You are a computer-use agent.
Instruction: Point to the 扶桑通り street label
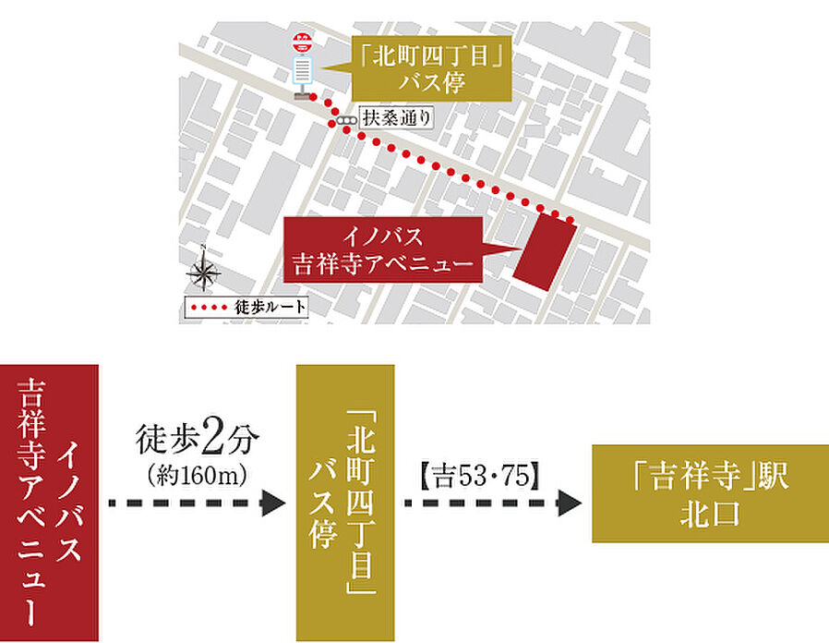[395, 119]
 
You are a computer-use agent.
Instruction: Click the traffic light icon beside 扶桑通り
[346, 120]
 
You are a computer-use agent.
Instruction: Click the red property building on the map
[542, 249]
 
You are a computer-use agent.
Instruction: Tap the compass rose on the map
[203, 273]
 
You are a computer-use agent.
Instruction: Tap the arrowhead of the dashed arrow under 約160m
[274, 503]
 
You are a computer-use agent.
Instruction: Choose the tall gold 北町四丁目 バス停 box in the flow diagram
[344, 503]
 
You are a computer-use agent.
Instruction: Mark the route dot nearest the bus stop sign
[313, 97]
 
